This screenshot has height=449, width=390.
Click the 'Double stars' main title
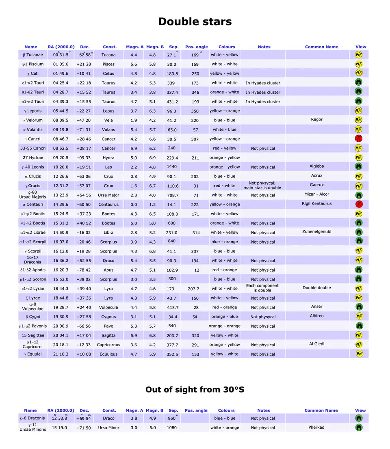(195, 22)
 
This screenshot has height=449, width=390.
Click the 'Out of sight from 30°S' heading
(195, 390)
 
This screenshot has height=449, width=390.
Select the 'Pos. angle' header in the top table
(196, 47)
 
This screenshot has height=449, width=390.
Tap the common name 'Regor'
(316, 119)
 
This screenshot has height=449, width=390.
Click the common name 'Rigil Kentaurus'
(316, 203)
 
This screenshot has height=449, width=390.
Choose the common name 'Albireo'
(316, 316)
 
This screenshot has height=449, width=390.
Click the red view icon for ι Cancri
(359, 139)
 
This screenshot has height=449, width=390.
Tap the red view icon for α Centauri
(359, 204)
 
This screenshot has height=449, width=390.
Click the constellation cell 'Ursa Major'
(108, 195)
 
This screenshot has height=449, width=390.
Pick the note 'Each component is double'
(262, 288)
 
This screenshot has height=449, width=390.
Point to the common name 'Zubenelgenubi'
(316, 231)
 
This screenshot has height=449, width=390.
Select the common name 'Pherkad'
(316, 427)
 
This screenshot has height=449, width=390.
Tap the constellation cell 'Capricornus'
(108, 345)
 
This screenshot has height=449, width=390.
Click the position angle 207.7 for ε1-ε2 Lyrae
(195, 289)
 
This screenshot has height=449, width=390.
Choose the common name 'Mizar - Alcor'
(316, 194)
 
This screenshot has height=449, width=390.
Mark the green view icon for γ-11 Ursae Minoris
(359, 427)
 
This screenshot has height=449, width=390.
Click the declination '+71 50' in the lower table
(84, 427)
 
